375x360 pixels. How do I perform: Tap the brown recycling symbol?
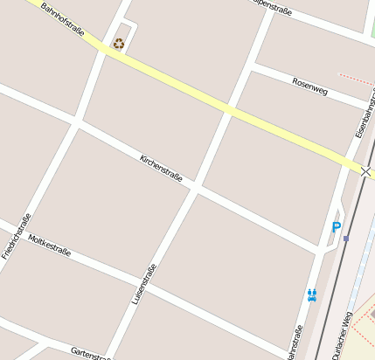(x=119, y=43)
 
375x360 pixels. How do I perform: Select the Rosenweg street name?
(x=310, y=84)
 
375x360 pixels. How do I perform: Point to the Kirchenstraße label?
(x=162, y=168)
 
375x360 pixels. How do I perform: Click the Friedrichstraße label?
(x=17, y=236)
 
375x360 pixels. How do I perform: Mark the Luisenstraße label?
(x=143, y=284)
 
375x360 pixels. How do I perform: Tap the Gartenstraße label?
(x=91, y=351)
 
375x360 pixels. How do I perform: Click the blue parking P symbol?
(x=336, y=228)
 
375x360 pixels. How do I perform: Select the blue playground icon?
(x=312, y=295)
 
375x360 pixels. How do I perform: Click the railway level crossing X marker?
(x=365, y=171)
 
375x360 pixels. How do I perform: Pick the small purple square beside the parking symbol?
(x=346, y=238)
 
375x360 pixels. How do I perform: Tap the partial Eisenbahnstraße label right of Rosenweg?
(x=364, y=114)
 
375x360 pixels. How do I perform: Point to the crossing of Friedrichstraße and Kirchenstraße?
(x=77, y=124)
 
